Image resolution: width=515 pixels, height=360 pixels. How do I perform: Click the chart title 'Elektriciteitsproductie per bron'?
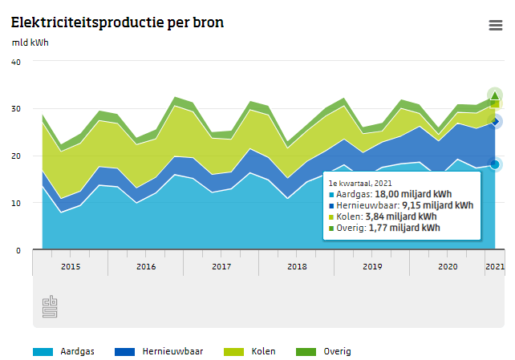tap(117, 22)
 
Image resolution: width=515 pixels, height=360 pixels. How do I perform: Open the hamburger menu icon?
tap(496, 25)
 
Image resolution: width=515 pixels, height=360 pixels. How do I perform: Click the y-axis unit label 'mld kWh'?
tap(30, 42)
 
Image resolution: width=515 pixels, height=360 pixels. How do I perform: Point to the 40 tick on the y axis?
tap(16, 62)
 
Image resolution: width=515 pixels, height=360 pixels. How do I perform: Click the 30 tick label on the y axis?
tap(16, 109)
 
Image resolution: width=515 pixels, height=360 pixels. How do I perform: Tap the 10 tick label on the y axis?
tap(16, 204)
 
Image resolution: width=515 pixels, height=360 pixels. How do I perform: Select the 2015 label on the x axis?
tap(70, 266)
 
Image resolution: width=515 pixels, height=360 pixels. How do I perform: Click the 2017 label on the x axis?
tap(221, 266)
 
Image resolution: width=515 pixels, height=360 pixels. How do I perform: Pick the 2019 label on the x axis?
tap(372, 266)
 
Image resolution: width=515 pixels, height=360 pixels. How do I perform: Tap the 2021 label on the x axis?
tap(495, 266)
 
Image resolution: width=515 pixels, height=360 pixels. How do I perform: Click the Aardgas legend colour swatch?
tap(43, 351)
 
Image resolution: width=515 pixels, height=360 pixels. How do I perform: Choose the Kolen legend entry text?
tap(264, 351)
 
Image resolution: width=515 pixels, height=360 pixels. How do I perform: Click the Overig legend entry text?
tap(337, 351)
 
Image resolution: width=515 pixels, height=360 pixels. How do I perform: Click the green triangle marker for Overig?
tap(495, 96)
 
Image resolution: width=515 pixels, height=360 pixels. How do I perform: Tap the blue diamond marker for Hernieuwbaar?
tap(495, 121)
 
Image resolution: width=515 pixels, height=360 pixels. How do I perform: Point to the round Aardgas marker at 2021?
tap(495, 164)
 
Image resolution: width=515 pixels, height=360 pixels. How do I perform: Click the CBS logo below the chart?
tap(50, 306)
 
